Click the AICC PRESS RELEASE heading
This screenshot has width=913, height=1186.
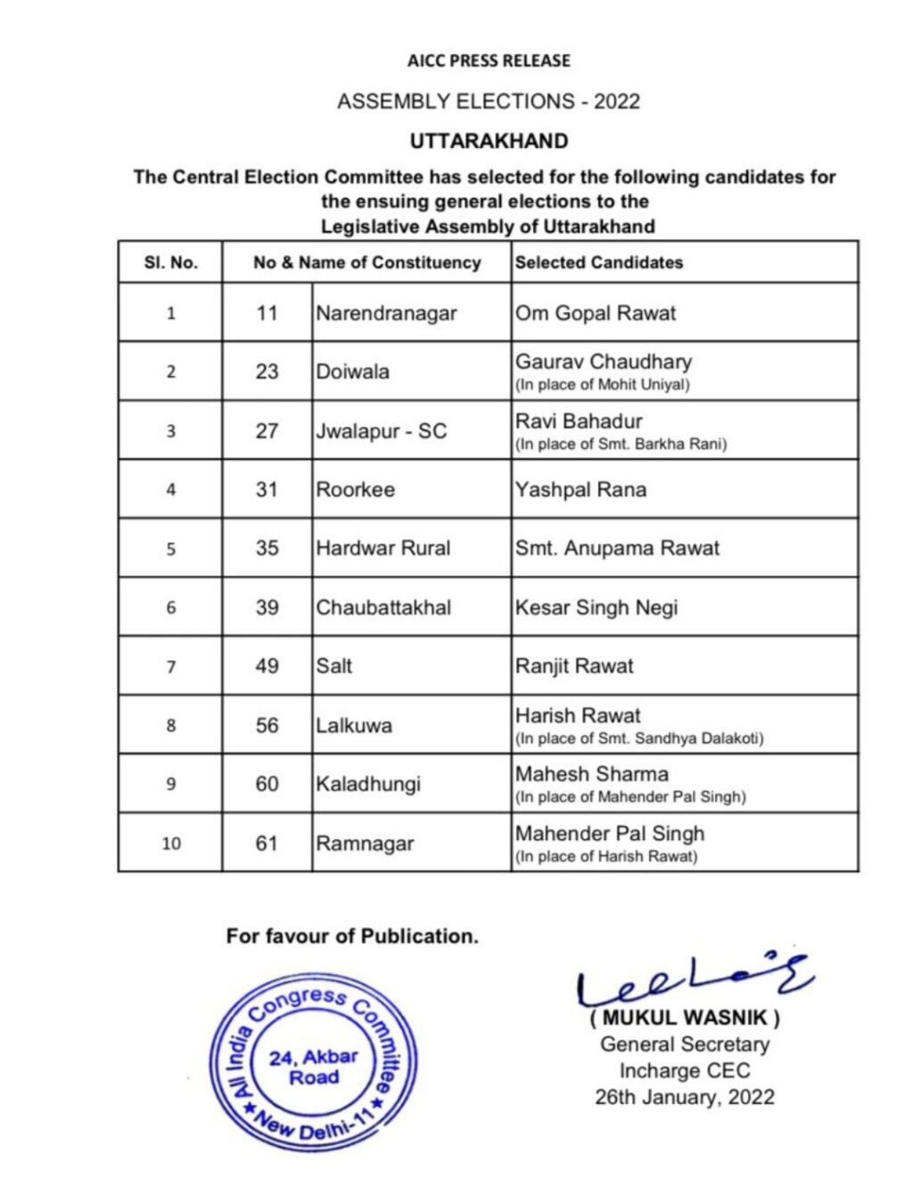(x=489, y=61)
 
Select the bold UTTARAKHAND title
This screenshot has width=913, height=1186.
(x=489, y=141)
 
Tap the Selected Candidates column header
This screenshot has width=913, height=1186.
(x=598, y=263)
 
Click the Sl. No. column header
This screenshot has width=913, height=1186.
(x=170, y=263)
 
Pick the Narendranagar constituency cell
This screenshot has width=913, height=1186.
(x=386, y=314)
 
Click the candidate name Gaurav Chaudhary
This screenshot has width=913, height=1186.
(x=604, y=362)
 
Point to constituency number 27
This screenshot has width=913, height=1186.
(x=267, y=431)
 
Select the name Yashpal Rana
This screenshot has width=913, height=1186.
(x=580, y=490)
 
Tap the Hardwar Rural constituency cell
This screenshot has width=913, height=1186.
(x=383, y=549)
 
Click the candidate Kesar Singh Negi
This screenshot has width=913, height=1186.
(x=596, y=608)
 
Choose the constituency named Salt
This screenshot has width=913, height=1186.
(x=334, y=667)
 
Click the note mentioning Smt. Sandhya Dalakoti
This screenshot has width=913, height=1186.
(x=639, y=739)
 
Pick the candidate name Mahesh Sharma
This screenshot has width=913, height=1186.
(x=592, y=774)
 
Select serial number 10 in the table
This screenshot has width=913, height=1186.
(x=171, y=844)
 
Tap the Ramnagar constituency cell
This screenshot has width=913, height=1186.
(x=365, y=844)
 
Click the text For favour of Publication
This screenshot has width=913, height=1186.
(x=352, y=937)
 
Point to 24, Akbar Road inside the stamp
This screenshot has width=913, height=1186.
(x=314, y=1067)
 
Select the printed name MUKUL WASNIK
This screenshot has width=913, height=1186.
(x=685, y=1017)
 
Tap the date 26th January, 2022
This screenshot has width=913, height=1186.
(x=685, y=1097)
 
